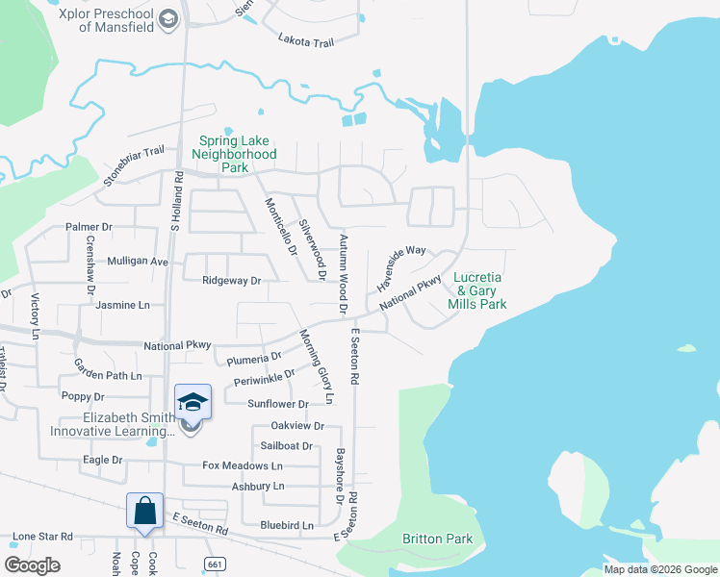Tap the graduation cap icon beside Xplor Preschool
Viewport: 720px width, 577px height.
tap(169, 19)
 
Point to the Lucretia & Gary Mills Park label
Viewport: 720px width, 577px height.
tap(477, 290)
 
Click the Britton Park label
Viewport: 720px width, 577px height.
tap(437, 539)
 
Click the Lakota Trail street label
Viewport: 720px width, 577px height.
tap(305, 39)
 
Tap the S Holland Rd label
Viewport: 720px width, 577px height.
tap(175, 200)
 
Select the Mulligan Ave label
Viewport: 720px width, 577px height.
tap(138, 261)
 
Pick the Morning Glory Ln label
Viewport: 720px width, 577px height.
tap(316, 365)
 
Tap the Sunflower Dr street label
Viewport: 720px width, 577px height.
tap(277, 405)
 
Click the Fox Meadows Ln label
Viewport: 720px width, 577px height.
tap(243, 465)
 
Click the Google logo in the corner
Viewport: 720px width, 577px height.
tap(33, 565)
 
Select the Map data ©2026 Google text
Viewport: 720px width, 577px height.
tap(659, 569)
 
